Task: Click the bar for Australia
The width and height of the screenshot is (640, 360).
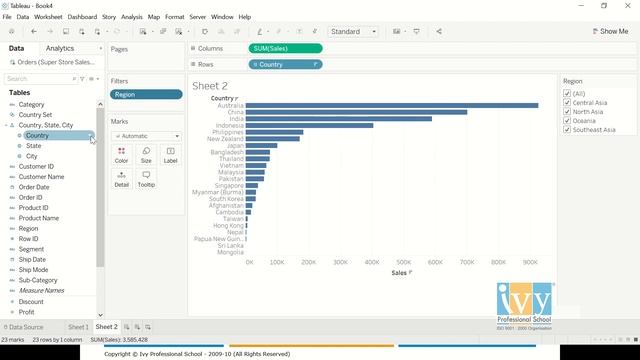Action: (390, 105)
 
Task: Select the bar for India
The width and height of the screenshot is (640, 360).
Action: (338, 118)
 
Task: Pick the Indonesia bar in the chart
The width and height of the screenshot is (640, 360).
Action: (308, 125)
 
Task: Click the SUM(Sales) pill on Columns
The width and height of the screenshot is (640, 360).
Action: (285, 48)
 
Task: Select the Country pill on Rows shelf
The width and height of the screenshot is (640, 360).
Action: (285, 64)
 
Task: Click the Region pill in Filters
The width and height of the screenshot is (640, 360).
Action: (146, 95)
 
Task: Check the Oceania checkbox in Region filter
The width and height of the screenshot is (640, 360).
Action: (567, 120)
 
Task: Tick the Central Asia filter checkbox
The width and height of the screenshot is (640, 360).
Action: (567, 103)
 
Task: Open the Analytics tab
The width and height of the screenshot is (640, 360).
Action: (60, 48)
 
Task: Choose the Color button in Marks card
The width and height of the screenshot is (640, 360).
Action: (121, 154)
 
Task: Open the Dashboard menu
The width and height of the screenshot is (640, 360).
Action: (82, 17)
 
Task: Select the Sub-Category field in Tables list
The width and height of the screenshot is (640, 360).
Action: (38, 280)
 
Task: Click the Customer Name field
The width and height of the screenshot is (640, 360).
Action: (41, 177)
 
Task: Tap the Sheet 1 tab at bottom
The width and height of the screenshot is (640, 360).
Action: (78, 327)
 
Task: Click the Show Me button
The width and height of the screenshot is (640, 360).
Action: (609, 31)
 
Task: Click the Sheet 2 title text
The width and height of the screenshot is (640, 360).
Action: (210, 86)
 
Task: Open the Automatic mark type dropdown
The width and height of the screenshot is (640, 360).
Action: (146, 136)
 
